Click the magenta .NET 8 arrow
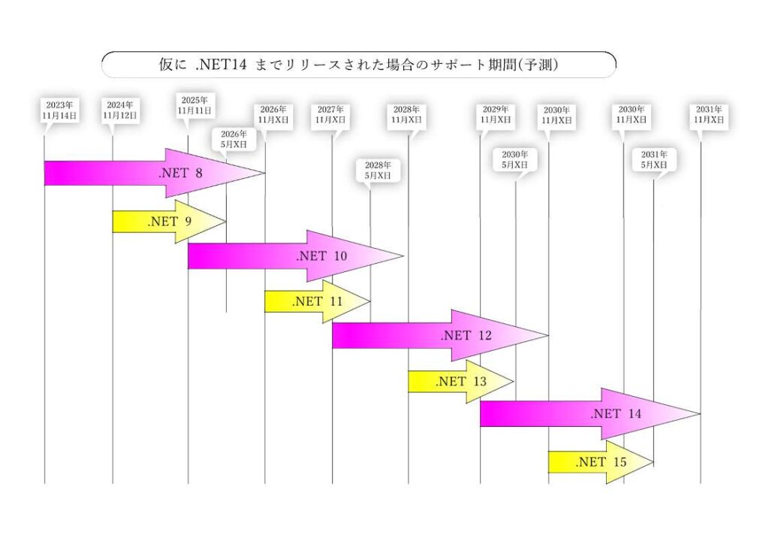[150, 174]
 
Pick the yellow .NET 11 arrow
[315, 302]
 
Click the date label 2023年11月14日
[59, 110]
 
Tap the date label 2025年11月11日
[195, 105]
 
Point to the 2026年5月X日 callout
[234, 138]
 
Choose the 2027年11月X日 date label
[330, 114]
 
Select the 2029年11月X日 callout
[496, 114]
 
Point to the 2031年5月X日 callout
[654, 159]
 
